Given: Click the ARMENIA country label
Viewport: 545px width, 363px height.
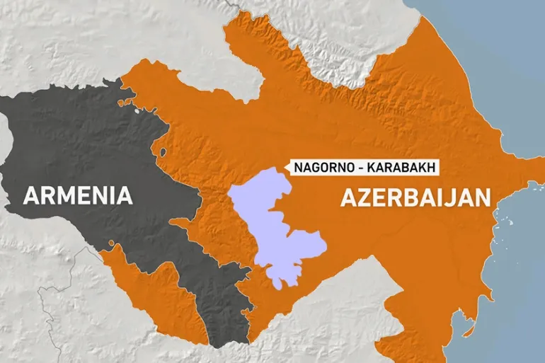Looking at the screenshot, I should pyautogui.click(x=78, y=195).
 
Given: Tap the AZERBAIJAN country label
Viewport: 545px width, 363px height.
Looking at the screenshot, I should pyautogui.click(x=415, y=197).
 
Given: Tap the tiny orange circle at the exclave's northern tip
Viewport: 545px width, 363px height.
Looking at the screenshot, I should pyautogui.click(x=111, y=244).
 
